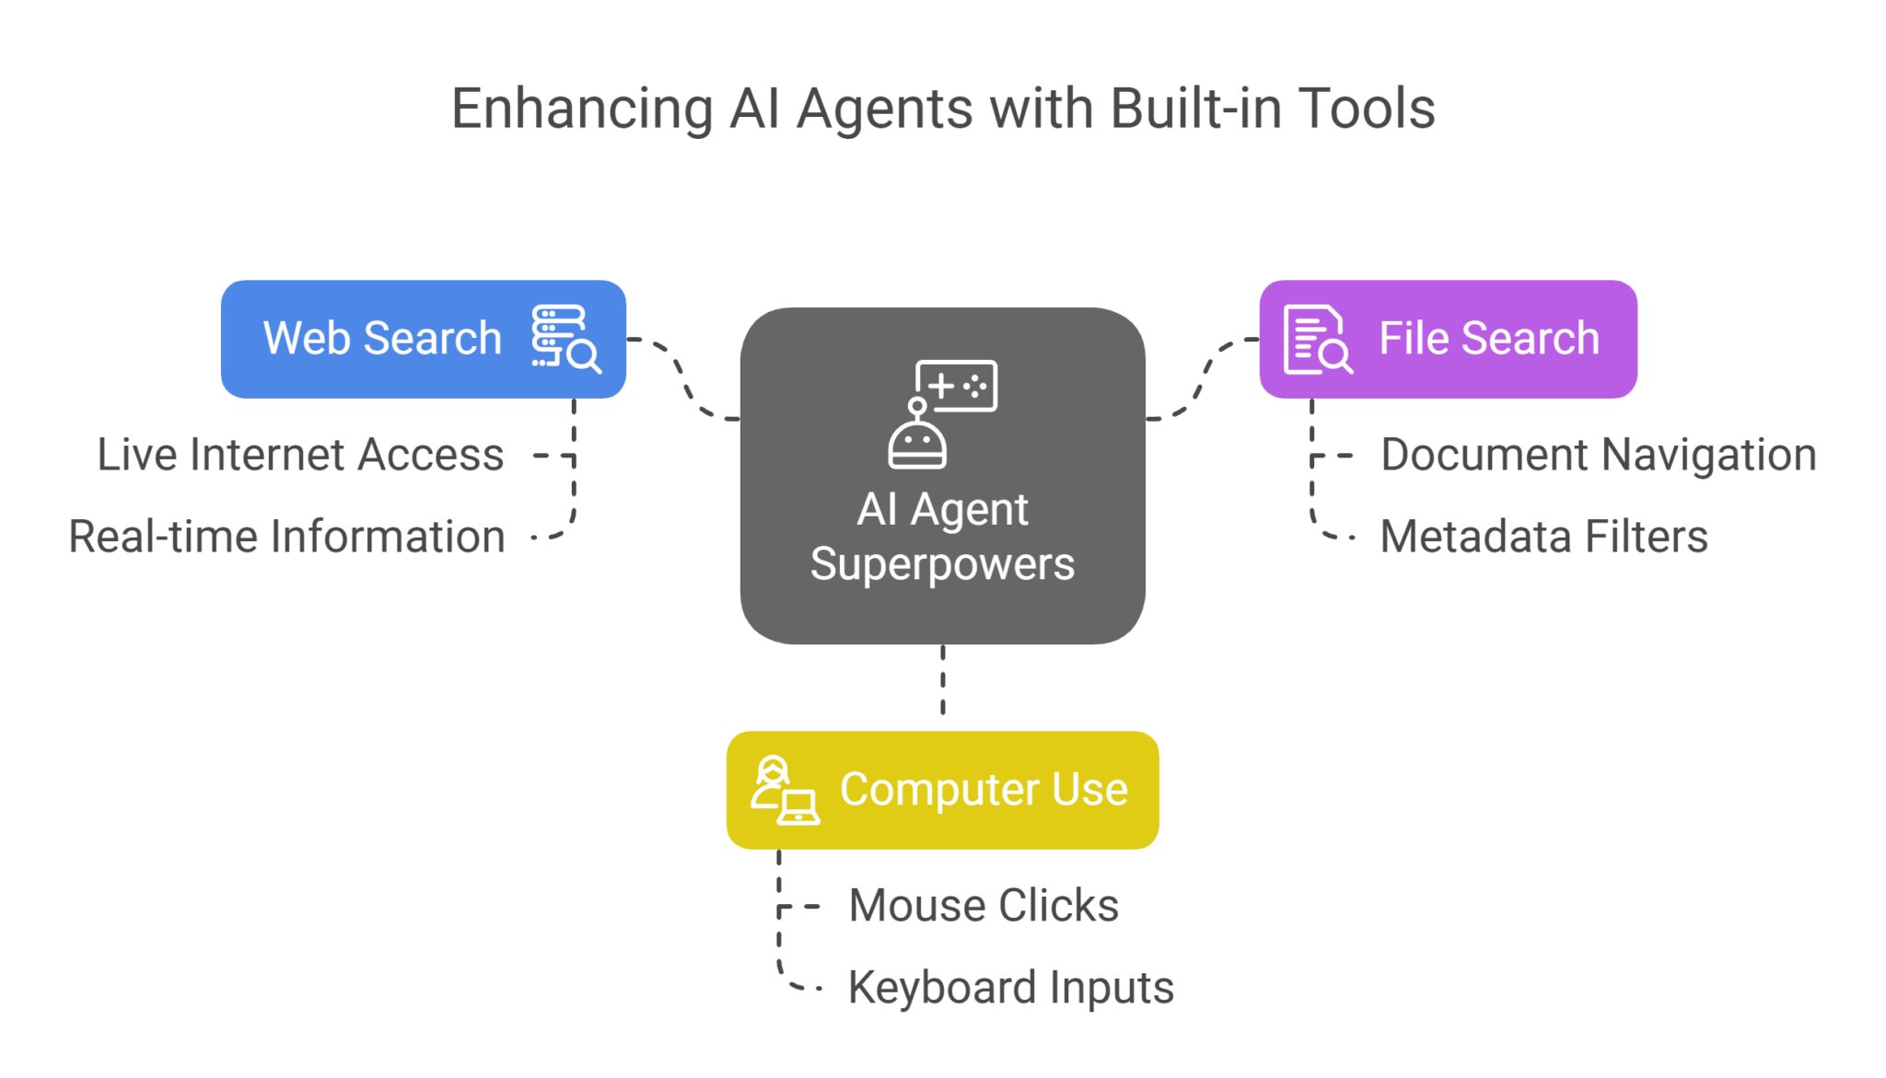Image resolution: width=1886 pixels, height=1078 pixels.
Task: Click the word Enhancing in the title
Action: pos(581,110)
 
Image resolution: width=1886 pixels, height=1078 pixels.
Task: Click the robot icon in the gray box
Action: pos(941,413)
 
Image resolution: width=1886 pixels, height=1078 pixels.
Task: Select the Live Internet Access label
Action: pos(300,455)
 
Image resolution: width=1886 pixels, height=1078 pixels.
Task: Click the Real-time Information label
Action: pos(286,537)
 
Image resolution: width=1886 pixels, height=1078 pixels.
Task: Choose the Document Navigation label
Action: pos(1598,455)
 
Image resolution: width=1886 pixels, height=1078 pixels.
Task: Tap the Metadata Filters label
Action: pos(1543,537)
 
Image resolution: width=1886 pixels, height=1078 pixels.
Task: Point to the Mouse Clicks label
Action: pos(983,906)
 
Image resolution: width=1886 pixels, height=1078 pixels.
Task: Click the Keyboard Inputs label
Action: pos(1010,988)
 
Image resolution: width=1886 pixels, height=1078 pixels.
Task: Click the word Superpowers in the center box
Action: pos(942,563)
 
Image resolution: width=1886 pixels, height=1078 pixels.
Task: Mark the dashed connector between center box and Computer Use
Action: pos(942,681)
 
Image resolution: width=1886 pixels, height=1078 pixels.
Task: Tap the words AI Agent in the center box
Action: pos(942,509)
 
